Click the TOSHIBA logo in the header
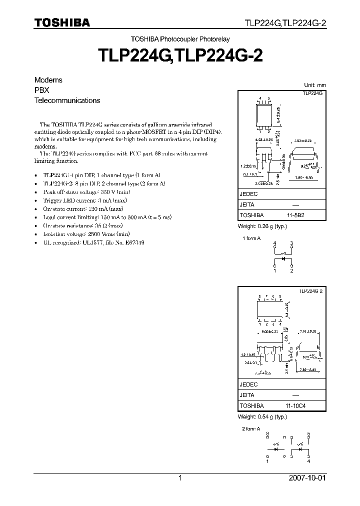62,22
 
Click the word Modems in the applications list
48,80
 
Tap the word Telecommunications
67,100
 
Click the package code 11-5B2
296,214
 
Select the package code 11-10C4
296,406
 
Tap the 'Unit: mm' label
314,85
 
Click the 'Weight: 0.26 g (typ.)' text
261,226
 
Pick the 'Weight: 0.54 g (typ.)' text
261,417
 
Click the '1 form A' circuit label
251,239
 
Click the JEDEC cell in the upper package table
248,195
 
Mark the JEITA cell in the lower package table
247,395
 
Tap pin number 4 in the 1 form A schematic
274,243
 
